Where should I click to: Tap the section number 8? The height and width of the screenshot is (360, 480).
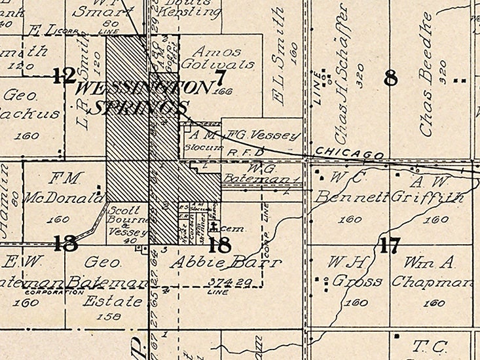[x=391, y=78]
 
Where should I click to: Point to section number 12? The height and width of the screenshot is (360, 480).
[x=64, y=77]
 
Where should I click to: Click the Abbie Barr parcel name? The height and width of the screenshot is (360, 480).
[x=226, y=263]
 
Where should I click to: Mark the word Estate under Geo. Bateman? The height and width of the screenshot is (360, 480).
[x=112, y=302]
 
